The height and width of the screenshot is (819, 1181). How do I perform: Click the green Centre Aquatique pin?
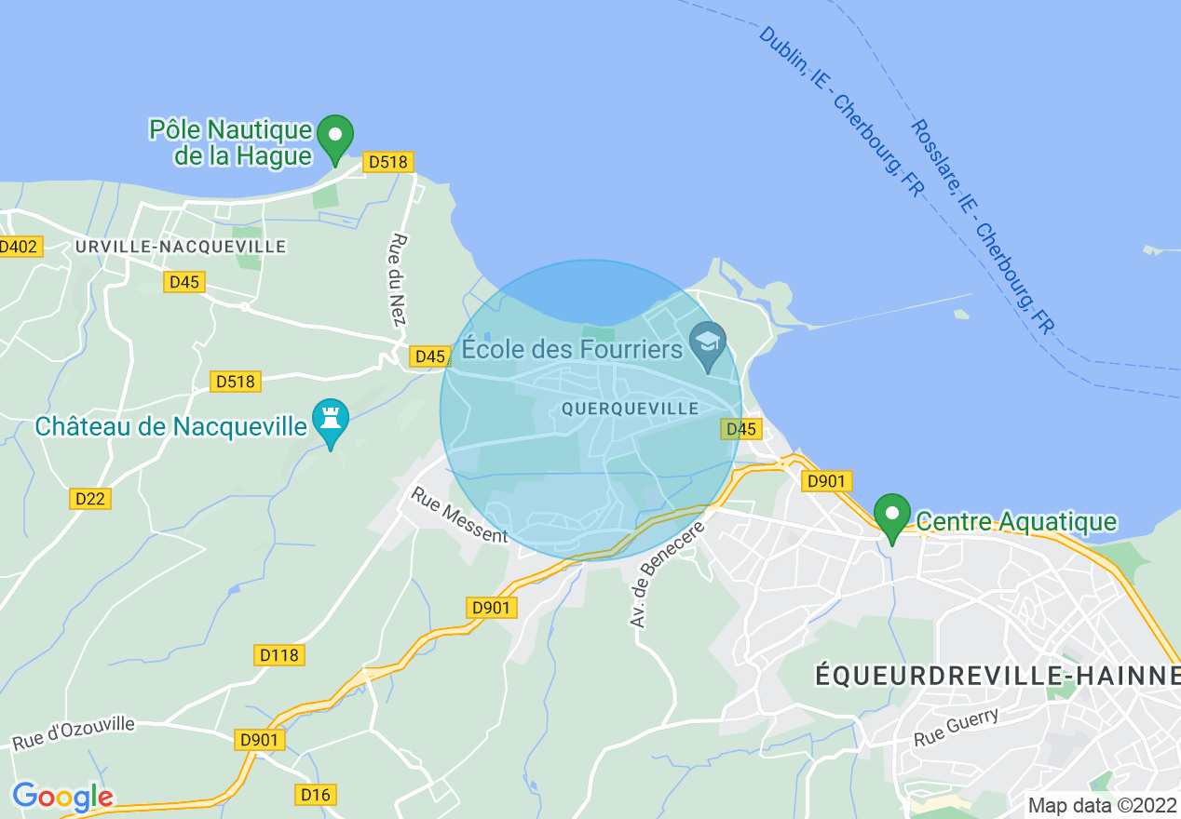[x=891, y=515]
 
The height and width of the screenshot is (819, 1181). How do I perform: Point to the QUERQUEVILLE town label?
[x=630, y=409]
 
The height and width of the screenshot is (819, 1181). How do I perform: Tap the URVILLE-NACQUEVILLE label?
[x=181, y=247]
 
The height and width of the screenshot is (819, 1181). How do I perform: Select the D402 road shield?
[x=19, y=247]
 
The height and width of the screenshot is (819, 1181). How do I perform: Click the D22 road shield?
[x=90, y=499]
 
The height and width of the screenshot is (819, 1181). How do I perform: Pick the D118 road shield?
[x=279, y=655]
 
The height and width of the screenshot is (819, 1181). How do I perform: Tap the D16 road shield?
[x=316, y=795]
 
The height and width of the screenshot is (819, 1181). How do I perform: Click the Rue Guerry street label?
[x=956, y=727]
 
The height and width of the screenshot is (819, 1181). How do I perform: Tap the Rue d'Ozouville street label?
[x=74, y=732]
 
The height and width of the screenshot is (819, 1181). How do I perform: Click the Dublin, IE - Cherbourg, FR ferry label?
[x=839, y=112]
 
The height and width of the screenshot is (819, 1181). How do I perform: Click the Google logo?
[x=62, y=797]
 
